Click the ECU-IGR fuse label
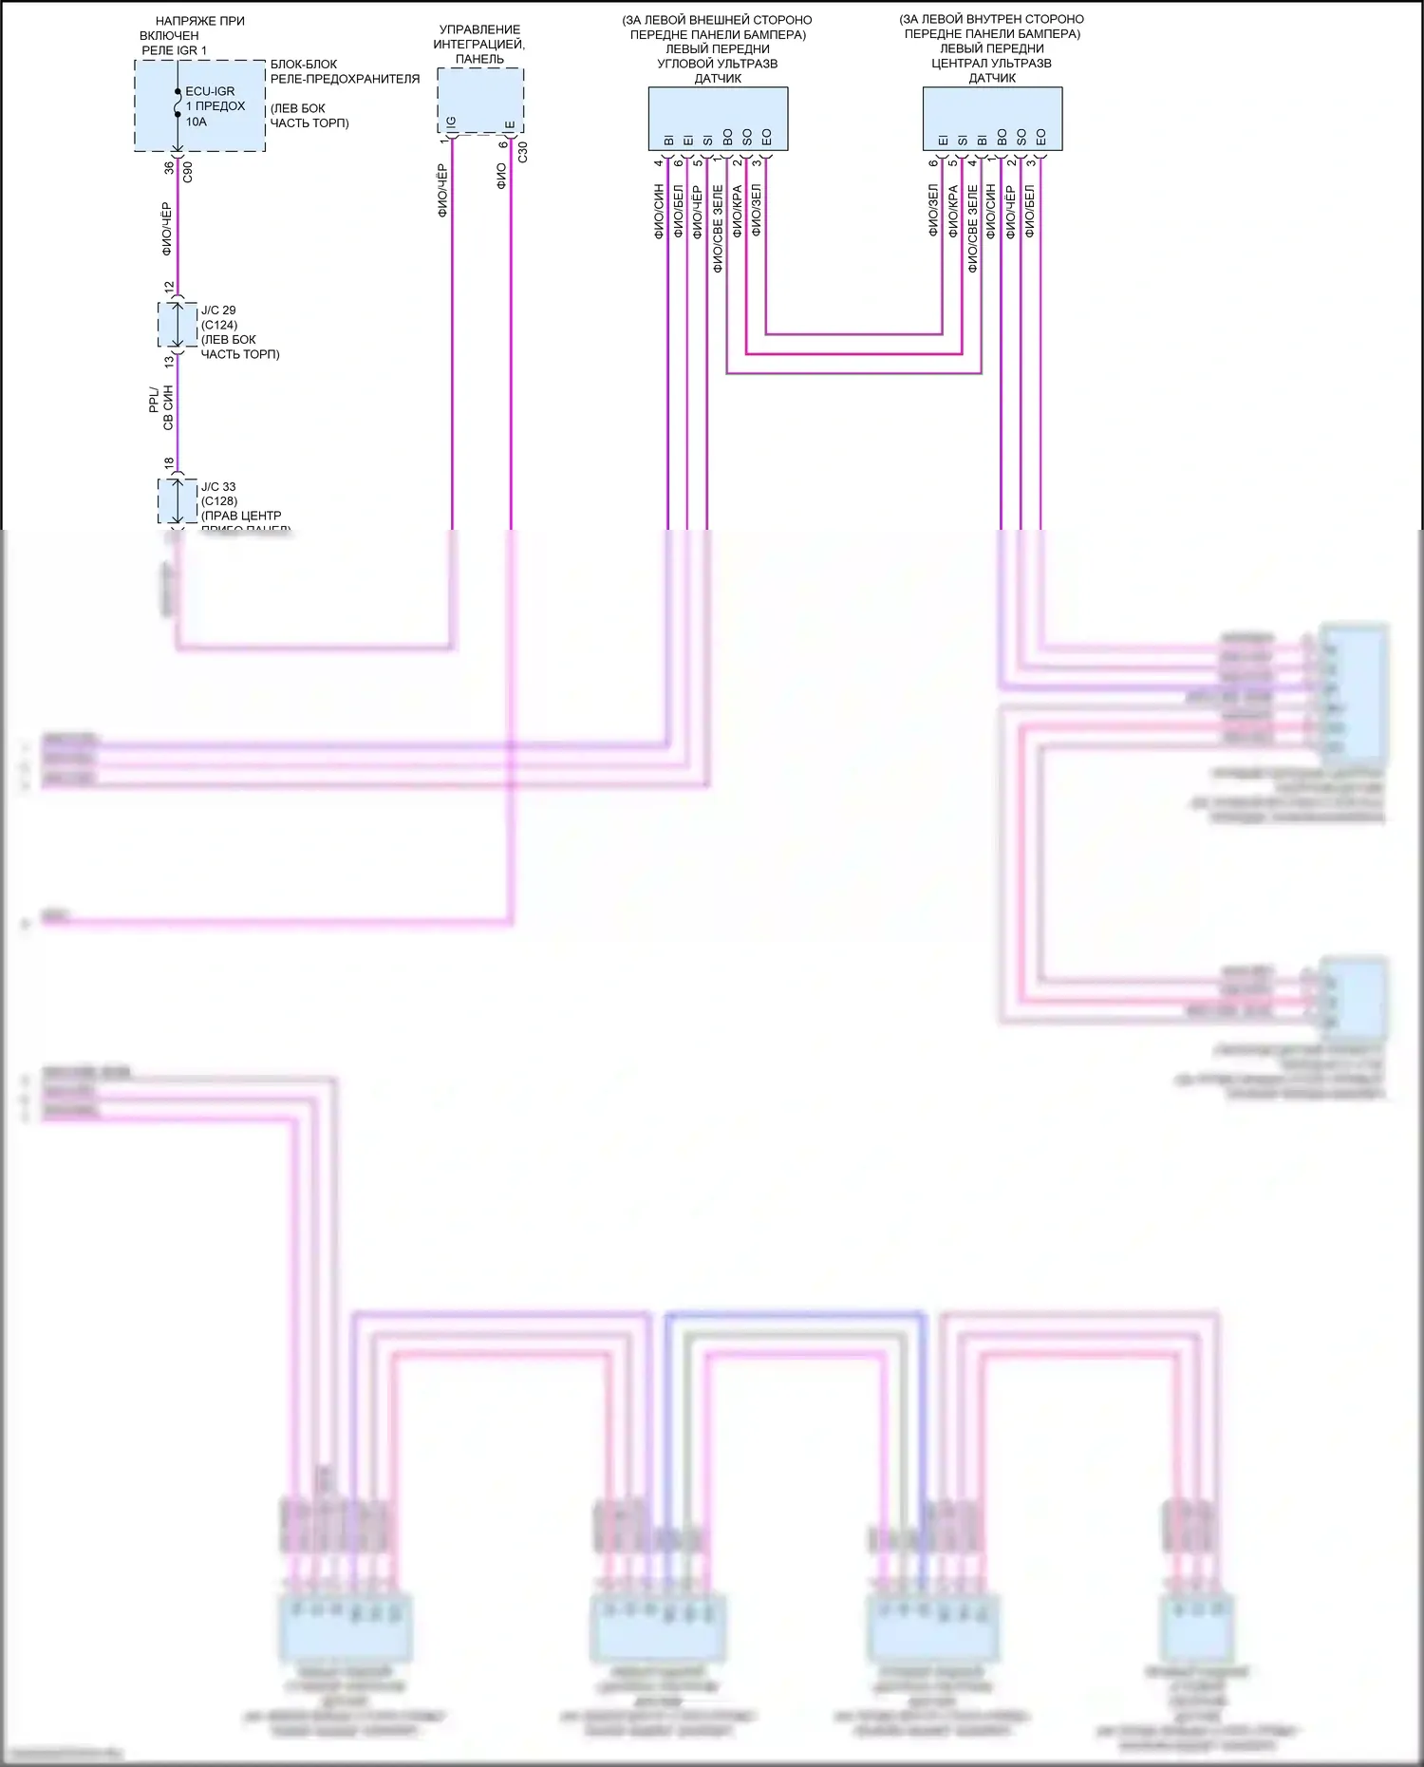click(210, 91)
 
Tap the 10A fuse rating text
click(196, 122)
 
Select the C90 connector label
click(188, 172)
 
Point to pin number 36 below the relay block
click(169, 167)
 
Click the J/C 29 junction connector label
click(218, 310)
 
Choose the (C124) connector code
click(219, 325)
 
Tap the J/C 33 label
click(218, 487)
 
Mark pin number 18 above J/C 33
click(169, 463)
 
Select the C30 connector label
click(522, 152)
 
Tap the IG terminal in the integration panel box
click(452, 122)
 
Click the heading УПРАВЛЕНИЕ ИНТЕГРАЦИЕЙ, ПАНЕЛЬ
click(479, 44)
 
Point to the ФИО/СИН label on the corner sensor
click(659, 211)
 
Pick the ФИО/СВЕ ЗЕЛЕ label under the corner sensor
click(718, 229)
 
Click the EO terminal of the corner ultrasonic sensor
click(767, 137)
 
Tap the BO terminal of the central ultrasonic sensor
click(1002, 137)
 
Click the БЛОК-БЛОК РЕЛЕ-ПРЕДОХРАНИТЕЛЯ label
click(345, 71)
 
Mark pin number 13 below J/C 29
click(169, 361)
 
